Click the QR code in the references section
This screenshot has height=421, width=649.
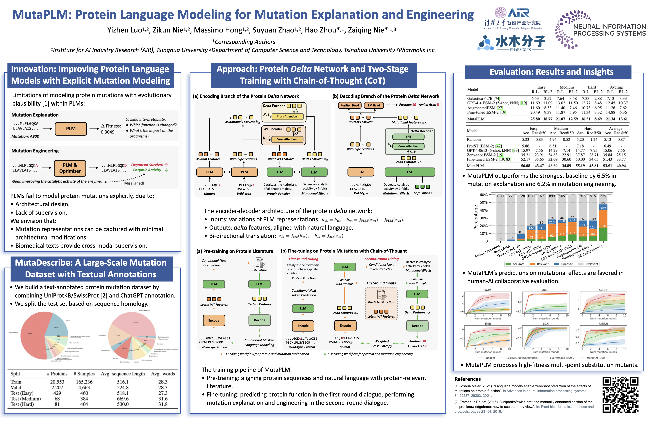coord(620,394)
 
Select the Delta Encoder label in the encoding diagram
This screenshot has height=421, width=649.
coord(273,106)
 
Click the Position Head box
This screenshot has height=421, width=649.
coord(350,105)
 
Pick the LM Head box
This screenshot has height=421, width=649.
coord(374,105)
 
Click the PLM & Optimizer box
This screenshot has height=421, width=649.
coord(70,168)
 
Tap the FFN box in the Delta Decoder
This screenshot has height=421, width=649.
coord(408,137)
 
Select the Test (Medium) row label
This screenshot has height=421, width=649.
coord(25,399)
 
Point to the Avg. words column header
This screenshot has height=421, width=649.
coord(163,374)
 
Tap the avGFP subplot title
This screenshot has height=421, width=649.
coord(603,290)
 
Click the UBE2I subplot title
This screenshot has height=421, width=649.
coord(603,324)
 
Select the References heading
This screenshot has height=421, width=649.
coord(467,379)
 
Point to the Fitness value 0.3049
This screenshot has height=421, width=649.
coord(108,132)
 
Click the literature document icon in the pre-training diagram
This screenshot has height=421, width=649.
coord(260,262)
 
